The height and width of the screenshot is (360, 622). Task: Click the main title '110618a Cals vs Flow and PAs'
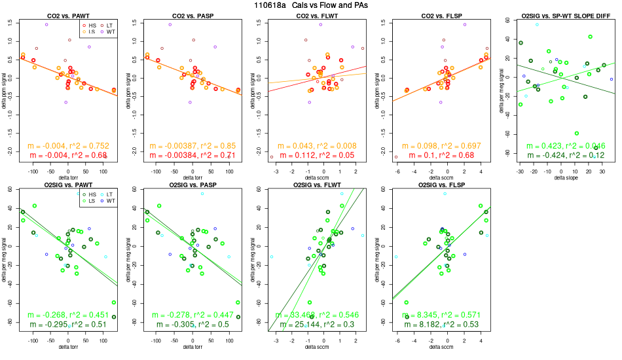point(311,5)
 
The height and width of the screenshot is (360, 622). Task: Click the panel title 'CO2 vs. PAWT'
point(68,15)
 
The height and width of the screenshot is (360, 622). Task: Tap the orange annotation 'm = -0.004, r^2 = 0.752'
point(68,146)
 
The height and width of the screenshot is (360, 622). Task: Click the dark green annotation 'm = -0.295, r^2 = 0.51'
point(68,325)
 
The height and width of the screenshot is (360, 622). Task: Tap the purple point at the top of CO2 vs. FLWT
point(320,25)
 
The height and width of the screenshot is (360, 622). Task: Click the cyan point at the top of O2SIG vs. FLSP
point(445,194)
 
